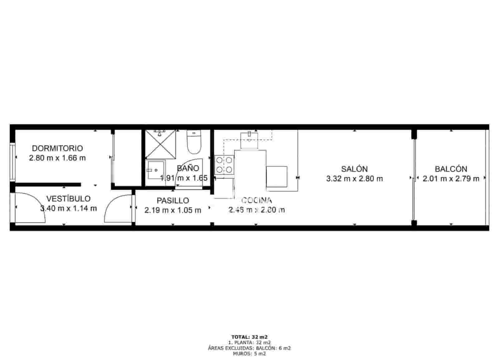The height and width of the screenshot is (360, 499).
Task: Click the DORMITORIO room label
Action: [57, 148]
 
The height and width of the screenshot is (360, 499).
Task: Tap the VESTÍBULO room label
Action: [68, 199]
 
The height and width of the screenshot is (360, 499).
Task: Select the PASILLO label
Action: [172, 200]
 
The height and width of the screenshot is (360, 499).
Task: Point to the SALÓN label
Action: [354, 169]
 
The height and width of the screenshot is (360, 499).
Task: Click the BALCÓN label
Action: [451, 169]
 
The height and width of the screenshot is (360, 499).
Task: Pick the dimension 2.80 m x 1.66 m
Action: [57, 158]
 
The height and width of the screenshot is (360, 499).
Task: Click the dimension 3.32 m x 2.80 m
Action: [354, 179]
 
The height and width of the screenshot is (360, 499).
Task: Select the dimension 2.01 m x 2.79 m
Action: [451, 179]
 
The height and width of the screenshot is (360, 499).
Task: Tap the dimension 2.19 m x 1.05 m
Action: [172, 210]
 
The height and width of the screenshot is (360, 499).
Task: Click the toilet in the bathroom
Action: [194, 142]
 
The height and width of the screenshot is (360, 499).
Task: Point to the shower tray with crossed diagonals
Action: [161, 144]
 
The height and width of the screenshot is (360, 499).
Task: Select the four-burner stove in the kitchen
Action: [224, 165]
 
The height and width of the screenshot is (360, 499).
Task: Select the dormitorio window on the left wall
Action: [12, 162]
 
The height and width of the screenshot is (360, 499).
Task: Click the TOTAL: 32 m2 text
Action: [249, 337]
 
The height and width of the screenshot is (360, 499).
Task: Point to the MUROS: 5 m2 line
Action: [249, 354]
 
